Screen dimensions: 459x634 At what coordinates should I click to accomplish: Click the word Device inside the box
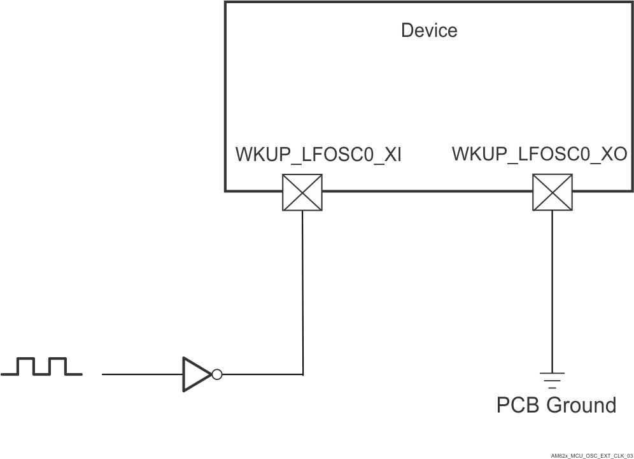pos(428,30)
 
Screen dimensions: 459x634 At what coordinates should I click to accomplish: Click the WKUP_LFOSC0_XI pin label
pos(318,155)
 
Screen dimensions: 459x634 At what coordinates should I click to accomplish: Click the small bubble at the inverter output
pos(217,374)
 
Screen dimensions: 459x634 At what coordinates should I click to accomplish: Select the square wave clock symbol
pos(41,367)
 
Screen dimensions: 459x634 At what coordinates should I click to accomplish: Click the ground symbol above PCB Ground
pos(552,379)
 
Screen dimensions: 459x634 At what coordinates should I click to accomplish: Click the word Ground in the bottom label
pos(581,405)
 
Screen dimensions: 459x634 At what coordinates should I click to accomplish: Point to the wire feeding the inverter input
pos(142,374)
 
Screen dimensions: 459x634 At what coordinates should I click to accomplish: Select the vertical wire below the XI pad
pos(302,286)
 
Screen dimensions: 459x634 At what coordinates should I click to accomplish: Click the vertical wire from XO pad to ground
pos(552,286)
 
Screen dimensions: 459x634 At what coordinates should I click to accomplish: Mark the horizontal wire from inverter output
pos(261,374)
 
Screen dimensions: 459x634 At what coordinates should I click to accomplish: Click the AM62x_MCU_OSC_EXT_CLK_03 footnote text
pos(591,447)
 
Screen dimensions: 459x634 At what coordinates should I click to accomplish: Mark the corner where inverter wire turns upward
pos(302,374)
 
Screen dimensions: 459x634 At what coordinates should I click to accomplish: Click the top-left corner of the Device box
pos(225,2)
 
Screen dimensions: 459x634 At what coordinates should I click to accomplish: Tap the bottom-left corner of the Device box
pos(225,190)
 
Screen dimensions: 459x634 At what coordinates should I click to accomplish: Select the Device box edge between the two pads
pos(426,190)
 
